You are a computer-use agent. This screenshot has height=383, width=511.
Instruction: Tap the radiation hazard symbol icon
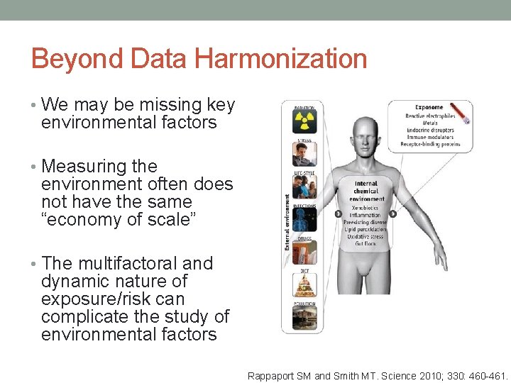pyautogui.click(x=304, y=121)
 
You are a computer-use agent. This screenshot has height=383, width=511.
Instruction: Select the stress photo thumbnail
pyautogui.click(x=304, y=154)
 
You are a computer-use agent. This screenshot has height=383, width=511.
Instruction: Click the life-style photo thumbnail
pyautogui.click(x=304, y=187)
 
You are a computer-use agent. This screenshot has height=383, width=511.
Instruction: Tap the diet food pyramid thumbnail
pyautogui.click(x=304, y=284)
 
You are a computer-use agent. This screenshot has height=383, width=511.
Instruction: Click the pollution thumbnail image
pyautogui.click(x=304, y=318)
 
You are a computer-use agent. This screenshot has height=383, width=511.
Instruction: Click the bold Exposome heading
pyautogui.click(x=429, y=108)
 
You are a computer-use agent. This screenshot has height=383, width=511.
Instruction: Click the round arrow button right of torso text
pyautogui.click(x=392, y=213)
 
